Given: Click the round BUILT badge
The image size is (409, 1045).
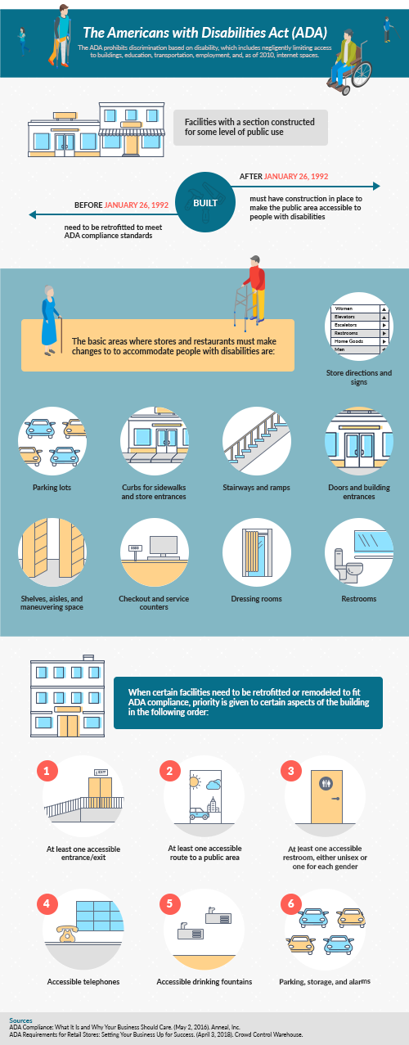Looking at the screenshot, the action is tap(205, 202).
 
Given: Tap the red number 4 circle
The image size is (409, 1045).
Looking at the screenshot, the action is tap(47, 903).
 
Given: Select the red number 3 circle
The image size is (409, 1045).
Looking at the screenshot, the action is tap(291, 771).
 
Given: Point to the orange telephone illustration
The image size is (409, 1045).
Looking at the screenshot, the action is tap(67, 934).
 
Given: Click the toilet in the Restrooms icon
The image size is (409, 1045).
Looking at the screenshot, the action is tap(348, 565).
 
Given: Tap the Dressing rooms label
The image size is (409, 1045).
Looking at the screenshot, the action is tap(257, 598).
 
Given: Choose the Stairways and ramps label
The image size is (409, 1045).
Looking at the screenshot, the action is tap(256, 488).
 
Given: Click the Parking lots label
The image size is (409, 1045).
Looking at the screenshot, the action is tap(52, 488).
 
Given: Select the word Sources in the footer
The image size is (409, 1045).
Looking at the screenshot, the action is tap(21, 1020).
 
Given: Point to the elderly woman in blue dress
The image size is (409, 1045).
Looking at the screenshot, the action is tap(51, 321).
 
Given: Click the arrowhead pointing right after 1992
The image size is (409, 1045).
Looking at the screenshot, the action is tap(377, 186).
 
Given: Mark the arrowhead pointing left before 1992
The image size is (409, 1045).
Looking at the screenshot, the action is tap(32, 214).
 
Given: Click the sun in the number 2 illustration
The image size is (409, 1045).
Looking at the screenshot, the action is tap(195, 781).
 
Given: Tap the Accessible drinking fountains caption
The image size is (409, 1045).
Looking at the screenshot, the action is tap(204, 982).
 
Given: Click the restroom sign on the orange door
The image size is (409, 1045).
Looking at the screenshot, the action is tap(326, 783).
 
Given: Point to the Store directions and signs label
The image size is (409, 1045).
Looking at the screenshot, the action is tap(359, 377).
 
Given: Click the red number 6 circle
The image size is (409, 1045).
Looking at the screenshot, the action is tap(291, 903).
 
